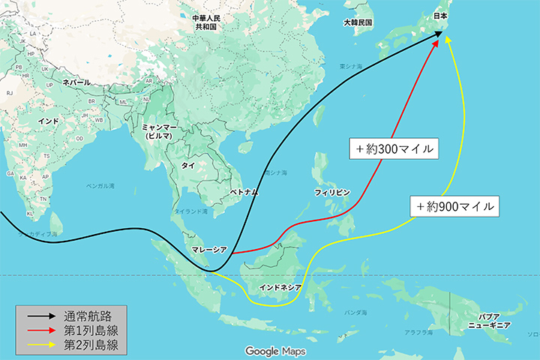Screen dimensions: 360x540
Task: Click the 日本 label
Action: tap(441, 16)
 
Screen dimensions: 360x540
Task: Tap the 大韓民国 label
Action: tap(358, 22)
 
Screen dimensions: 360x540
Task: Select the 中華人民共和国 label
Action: tap(205, 22)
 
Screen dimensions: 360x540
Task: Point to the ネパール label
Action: tap(76, 82)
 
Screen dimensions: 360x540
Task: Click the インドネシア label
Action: tap(280, 287)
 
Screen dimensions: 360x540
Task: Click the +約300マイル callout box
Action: tap(393, 148)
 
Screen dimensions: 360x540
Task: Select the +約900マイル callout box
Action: tap(455, 205)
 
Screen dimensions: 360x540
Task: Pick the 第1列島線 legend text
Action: tap(91, 330)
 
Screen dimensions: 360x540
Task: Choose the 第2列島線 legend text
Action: tap(91, 345)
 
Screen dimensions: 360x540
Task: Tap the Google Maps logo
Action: tap(269, 350)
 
